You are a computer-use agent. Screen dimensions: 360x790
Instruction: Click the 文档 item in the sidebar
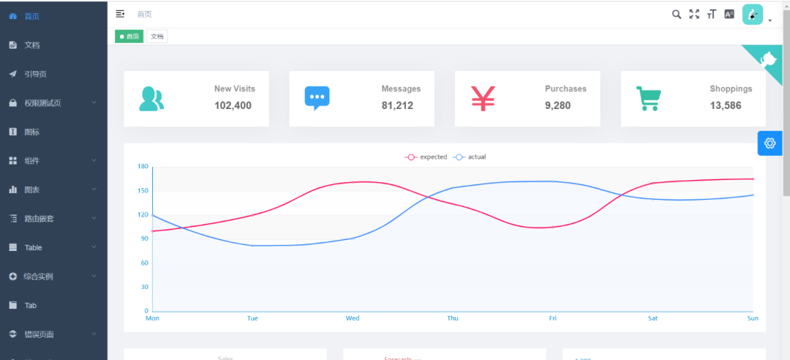31,45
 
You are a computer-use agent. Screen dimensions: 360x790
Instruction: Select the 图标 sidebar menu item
31,132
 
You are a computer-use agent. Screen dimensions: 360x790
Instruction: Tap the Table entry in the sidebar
33,248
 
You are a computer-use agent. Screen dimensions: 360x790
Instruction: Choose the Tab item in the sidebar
30,306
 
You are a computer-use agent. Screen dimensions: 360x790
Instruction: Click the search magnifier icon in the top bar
677,14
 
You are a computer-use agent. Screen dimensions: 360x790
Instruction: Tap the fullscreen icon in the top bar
694,14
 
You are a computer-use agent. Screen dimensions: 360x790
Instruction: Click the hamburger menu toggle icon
120,14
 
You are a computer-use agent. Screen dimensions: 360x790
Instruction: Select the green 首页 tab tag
129,37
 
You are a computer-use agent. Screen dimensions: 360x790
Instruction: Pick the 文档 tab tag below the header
157,37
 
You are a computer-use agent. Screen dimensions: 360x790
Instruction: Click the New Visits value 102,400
233,105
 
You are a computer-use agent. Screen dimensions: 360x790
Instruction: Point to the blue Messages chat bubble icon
317,98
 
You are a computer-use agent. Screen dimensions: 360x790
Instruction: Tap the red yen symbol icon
483,98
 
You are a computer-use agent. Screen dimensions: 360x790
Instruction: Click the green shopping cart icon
648,98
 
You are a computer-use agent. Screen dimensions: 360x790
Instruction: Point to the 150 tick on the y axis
143,191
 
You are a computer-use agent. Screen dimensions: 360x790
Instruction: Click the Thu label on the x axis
453,318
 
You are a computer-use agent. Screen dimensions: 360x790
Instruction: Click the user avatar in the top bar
753,14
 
